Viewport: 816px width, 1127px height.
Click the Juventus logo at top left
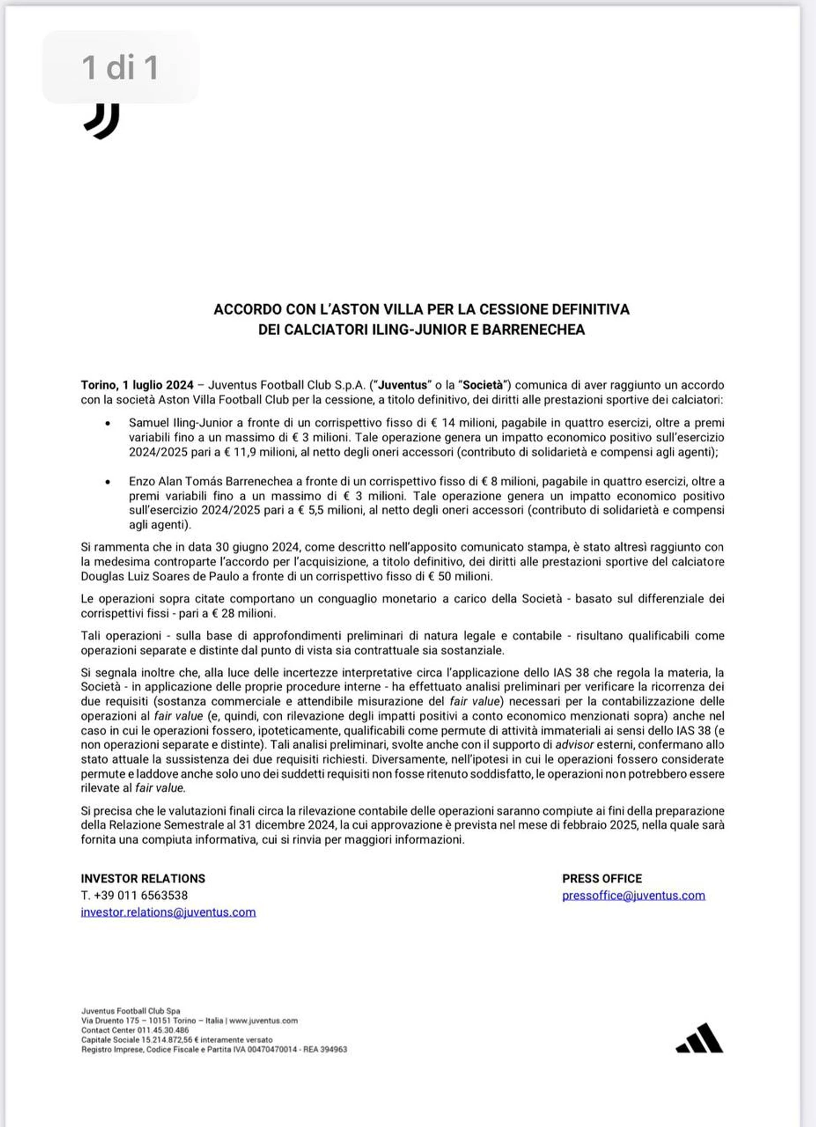[102, 121]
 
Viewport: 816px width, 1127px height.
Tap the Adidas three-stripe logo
[699, 1039]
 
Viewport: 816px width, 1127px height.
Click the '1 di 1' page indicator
[120, 67]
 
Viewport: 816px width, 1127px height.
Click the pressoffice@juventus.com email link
[633, 895]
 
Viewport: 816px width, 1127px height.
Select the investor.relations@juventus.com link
[168, 912]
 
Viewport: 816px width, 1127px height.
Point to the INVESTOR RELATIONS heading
[143, 878]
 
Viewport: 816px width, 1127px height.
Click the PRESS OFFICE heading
[602, 878]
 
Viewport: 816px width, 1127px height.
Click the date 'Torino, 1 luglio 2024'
[137, 385]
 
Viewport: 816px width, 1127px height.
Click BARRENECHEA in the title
[533, 329]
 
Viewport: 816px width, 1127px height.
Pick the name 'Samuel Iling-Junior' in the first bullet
[177, 423]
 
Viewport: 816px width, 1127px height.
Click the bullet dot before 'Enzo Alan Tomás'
[107, 481]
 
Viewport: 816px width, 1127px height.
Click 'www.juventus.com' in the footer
[263, 1020]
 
